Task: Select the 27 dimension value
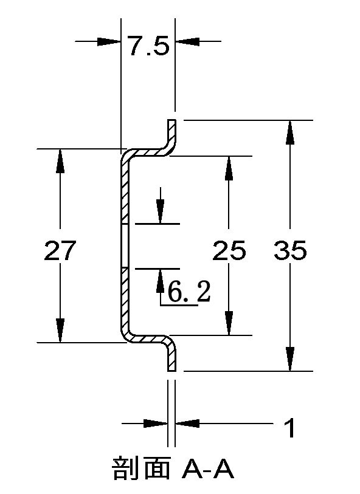60,250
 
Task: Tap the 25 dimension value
229,250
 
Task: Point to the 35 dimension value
290,250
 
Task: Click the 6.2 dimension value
189,291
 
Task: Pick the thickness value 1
290,428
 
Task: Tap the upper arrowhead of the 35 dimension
290,132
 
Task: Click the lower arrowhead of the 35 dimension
290,359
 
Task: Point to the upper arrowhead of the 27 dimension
60,160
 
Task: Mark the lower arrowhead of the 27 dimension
60,331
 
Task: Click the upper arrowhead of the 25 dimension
229,168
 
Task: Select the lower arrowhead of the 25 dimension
229,323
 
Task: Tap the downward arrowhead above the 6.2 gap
161,211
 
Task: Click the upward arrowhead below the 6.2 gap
161,281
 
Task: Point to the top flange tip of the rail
172,121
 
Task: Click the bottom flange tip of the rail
172,370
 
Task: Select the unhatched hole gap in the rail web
125,246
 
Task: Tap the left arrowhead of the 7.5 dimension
109,41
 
